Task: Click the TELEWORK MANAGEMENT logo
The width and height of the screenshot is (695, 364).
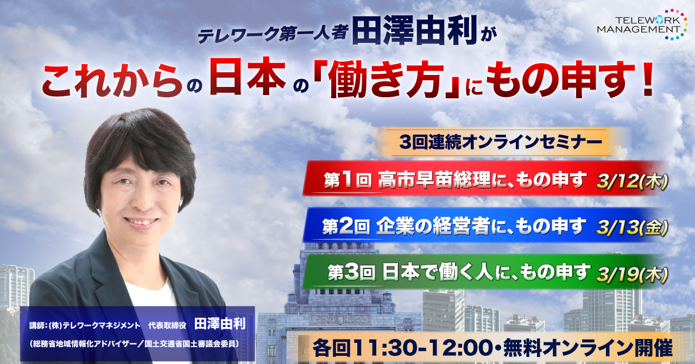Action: coord(641,24)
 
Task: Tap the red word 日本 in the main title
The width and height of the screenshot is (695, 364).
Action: coord(248,76)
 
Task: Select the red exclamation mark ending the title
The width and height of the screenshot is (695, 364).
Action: coord(646,78)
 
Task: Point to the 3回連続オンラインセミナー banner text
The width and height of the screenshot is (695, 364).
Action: coord(500,142)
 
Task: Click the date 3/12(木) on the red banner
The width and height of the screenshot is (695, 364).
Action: coord(631,182)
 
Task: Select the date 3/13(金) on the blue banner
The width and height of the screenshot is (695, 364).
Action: coord(631,229)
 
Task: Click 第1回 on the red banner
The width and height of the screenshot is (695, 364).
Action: coord(348,180)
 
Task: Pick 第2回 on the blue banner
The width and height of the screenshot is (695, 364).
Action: coord(346,227)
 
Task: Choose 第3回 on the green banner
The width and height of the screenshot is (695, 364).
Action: coord(351,273)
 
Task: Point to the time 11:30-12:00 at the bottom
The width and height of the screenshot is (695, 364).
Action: coord(426,348)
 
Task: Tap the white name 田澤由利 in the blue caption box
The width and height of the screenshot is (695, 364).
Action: coord(220,324)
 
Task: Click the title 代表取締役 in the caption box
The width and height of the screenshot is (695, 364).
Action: coord(167,325)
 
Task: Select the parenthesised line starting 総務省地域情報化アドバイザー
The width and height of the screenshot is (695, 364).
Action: coord(134,344)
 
